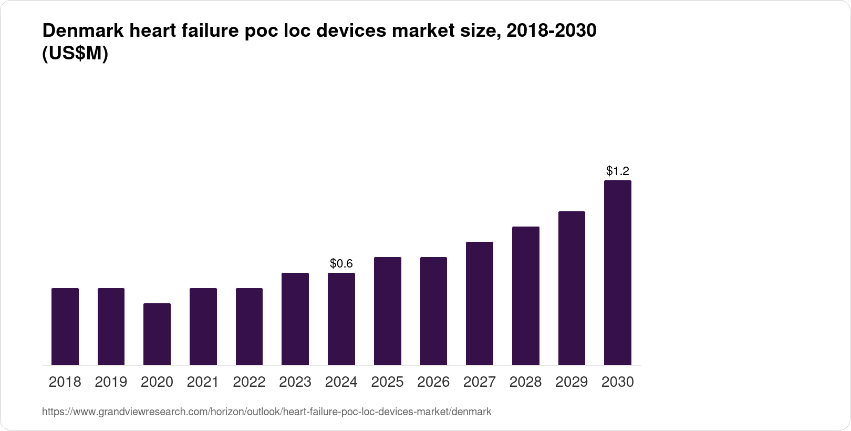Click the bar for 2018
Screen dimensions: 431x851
point(65,326)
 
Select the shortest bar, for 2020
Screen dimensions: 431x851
point(157,334)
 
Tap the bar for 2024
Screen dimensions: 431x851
point(341,319)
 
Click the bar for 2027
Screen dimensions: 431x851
point(480,303)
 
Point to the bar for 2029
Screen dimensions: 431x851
point(572,288)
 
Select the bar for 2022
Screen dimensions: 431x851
point(249,326)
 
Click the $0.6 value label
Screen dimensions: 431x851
point(341,263)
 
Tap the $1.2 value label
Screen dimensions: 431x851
point(618,171)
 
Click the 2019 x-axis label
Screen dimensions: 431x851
point(111,382)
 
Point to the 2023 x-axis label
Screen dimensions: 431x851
point(295,382)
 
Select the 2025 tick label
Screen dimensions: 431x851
point(387,382)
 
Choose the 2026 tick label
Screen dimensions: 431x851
point(433,382)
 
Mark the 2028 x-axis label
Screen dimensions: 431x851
point(525,382)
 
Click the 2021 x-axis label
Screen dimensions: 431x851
point(203,382)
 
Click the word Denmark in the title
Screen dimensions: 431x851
point(81,31)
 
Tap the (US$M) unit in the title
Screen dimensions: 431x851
point(75,54)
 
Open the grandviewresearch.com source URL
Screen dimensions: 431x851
point(266,412)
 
